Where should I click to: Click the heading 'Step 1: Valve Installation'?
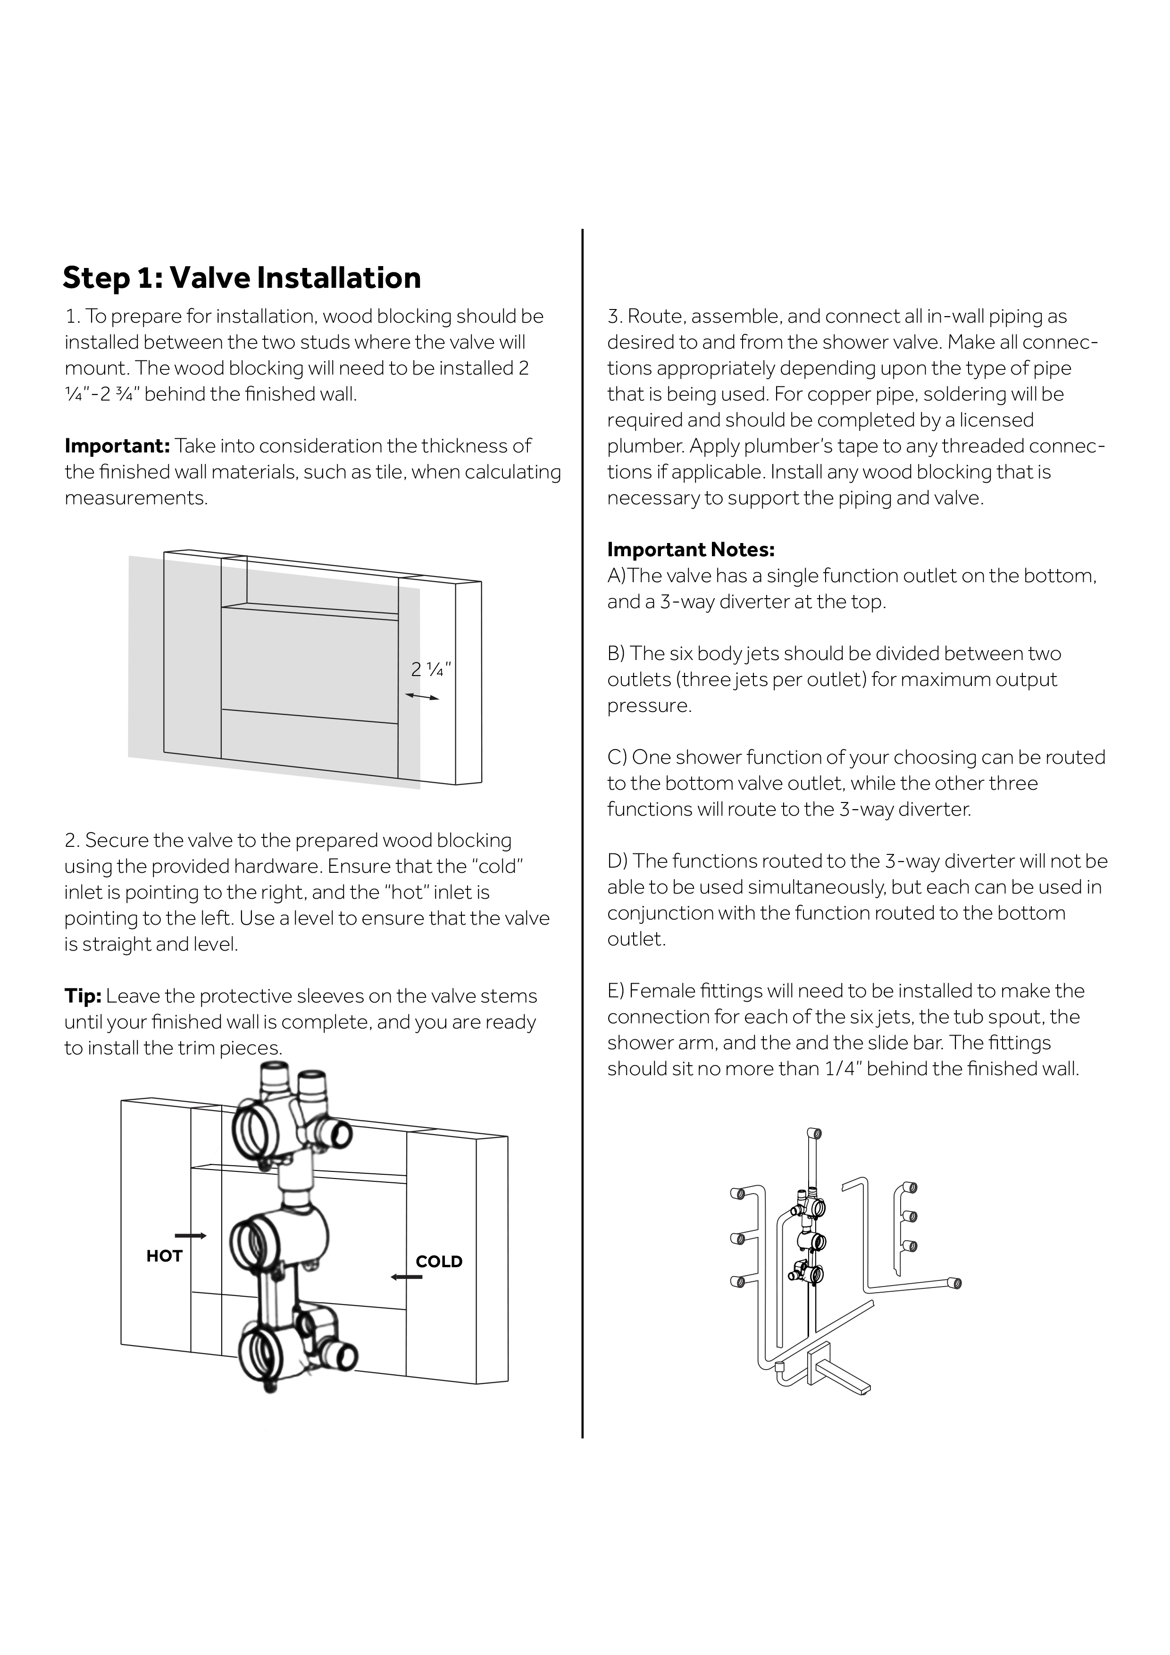(x=242, y=277)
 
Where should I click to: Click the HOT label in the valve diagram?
(x=164, y=1256)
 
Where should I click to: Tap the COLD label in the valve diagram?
(x=439, y=1262)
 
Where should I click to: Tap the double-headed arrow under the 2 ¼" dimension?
(x=422, y=696)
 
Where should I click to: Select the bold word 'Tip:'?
(x=83, y=996)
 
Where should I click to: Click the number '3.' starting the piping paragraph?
(x=615, y=317)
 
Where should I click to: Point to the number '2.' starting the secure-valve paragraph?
(x=72, y=841)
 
